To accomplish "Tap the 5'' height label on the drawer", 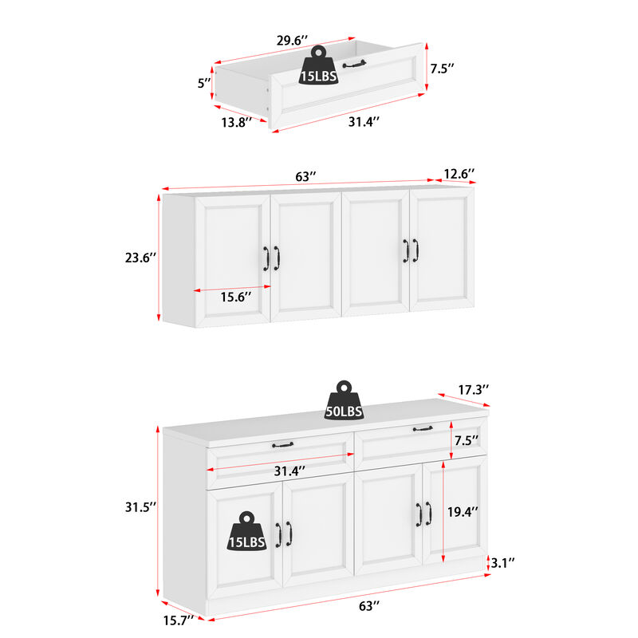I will (203, 82).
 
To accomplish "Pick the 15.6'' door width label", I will (235, 296).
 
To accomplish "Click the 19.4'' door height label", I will (463, 513).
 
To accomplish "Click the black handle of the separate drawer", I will (353, 63).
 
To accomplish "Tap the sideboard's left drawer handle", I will (282, 444).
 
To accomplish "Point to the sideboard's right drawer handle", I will (423, 429).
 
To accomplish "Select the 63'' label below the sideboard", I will (367, 606).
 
